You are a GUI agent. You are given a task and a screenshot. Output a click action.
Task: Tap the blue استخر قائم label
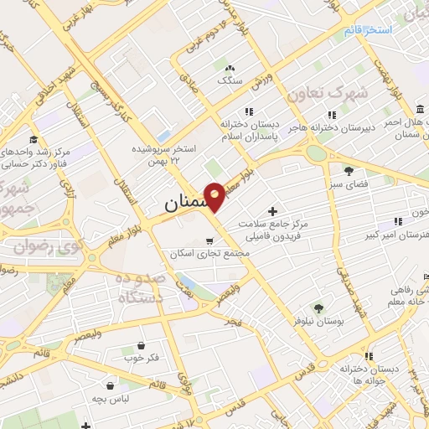(366, 31)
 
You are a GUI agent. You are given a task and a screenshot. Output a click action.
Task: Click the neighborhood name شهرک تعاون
(317, 95)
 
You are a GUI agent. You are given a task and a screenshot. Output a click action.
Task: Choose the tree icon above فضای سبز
(349, 171)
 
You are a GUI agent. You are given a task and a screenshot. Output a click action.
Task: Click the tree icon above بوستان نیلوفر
(318, 308)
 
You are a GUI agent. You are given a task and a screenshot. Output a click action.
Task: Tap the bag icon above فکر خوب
(140, 344)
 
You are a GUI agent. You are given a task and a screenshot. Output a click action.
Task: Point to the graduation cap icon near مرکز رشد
(32, 139)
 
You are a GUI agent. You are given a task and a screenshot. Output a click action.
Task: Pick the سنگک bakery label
(229, 80)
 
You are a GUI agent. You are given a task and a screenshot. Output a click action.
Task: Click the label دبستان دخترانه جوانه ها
(369, 374)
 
